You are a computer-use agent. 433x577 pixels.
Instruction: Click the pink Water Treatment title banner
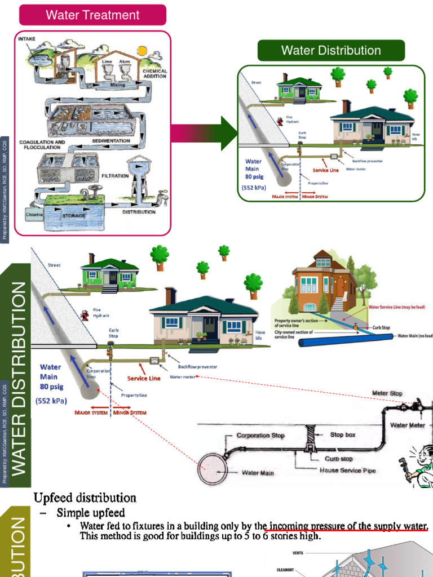92,15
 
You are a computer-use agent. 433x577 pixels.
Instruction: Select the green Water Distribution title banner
331,50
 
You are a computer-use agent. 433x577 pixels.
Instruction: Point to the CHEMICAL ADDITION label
154,74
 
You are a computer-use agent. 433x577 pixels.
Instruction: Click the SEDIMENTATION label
111,141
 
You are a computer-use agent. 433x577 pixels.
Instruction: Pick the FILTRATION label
115,176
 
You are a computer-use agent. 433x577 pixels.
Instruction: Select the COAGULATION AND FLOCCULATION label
43,145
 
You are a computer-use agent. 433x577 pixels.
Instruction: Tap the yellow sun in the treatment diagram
141,51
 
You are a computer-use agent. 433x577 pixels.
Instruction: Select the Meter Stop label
387,393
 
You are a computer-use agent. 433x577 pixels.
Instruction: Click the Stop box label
343,435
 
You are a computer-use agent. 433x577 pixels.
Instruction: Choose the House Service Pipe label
347,470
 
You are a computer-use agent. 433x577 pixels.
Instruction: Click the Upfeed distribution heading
85,498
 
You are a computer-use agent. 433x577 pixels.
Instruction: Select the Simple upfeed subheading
91,513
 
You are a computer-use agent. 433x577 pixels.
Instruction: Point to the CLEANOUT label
285,570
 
